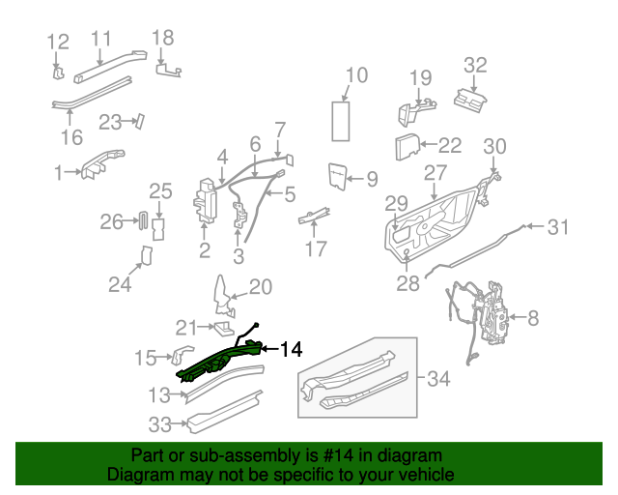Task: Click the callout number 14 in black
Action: pyautogui.click(x=291, y=349)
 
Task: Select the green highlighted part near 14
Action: pyautogui.click(x=217, y=362)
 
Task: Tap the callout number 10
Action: pyautogui.click(x=356, y=75)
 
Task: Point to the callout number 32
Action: pyautogui.click(x=475, y=66)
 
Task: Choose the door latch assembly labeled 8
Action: pyautogui.click(x=496, y=314)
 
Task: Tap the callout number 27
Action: pyautogui.click(x=435, y=173)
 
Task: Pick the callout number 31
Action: pyautogui.click(x=558, y=228)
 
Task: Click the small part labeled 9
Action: pyautogui.click(x=337, y=174)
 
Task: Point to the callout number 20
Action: pyautogui.click(x=261, y=287)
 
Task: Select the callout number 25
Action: pyautogui.click(x=159, y=191)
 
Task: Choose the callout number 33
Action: pyautogui.click(x=159, y=423)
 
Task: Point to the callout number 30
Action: pyautogui.click(x=493, y=147)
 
